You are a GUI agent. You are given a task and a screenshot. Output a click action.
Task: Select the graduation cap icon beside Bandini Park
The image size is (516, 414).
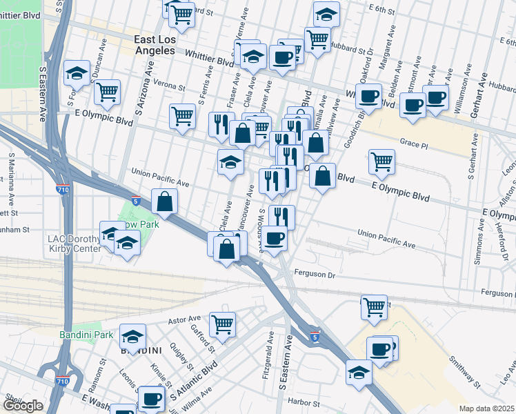click(132, 336)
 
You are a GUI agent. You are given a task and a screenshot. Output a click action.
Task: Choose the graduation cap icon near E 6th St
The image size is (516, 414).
click(326, 13)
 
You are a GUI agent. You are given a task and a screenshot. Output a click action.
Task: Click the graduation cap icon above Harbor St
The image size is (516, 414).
click(359, 373)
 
